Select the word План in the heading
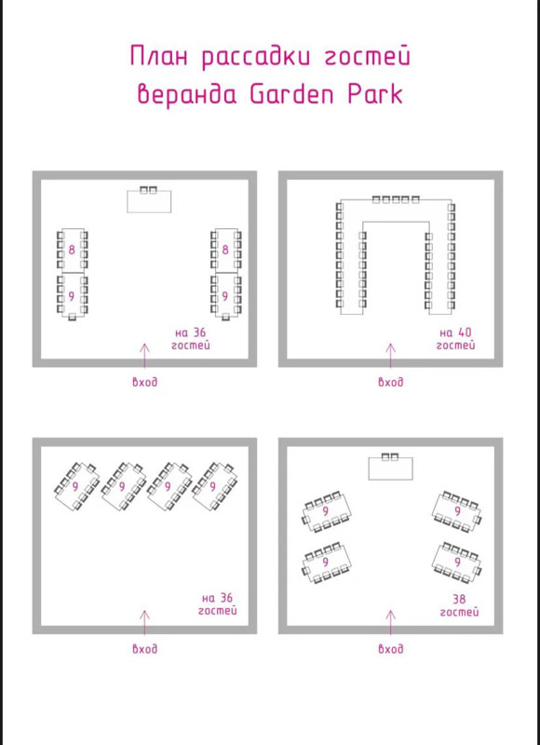159,56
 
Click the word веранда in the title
187,94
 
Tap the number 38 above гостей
459,598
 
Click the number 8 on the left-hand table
72,250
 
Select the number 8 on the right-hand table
225,250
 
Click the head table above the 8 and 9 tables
149,201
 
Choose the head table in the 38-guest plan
390,468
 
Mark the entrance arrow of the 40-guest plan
390,356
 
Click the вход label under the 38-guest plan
390,648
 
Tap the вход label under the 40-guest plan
390,382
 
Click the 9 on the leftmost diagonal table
75,486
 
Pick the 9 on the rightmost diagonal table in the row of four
213,486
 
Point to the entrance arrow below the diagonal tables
145,622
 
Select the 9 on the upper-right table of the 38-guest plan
458,511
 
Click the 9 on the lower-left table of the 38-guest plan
325,562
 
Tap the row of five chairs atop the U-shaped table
396,199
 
